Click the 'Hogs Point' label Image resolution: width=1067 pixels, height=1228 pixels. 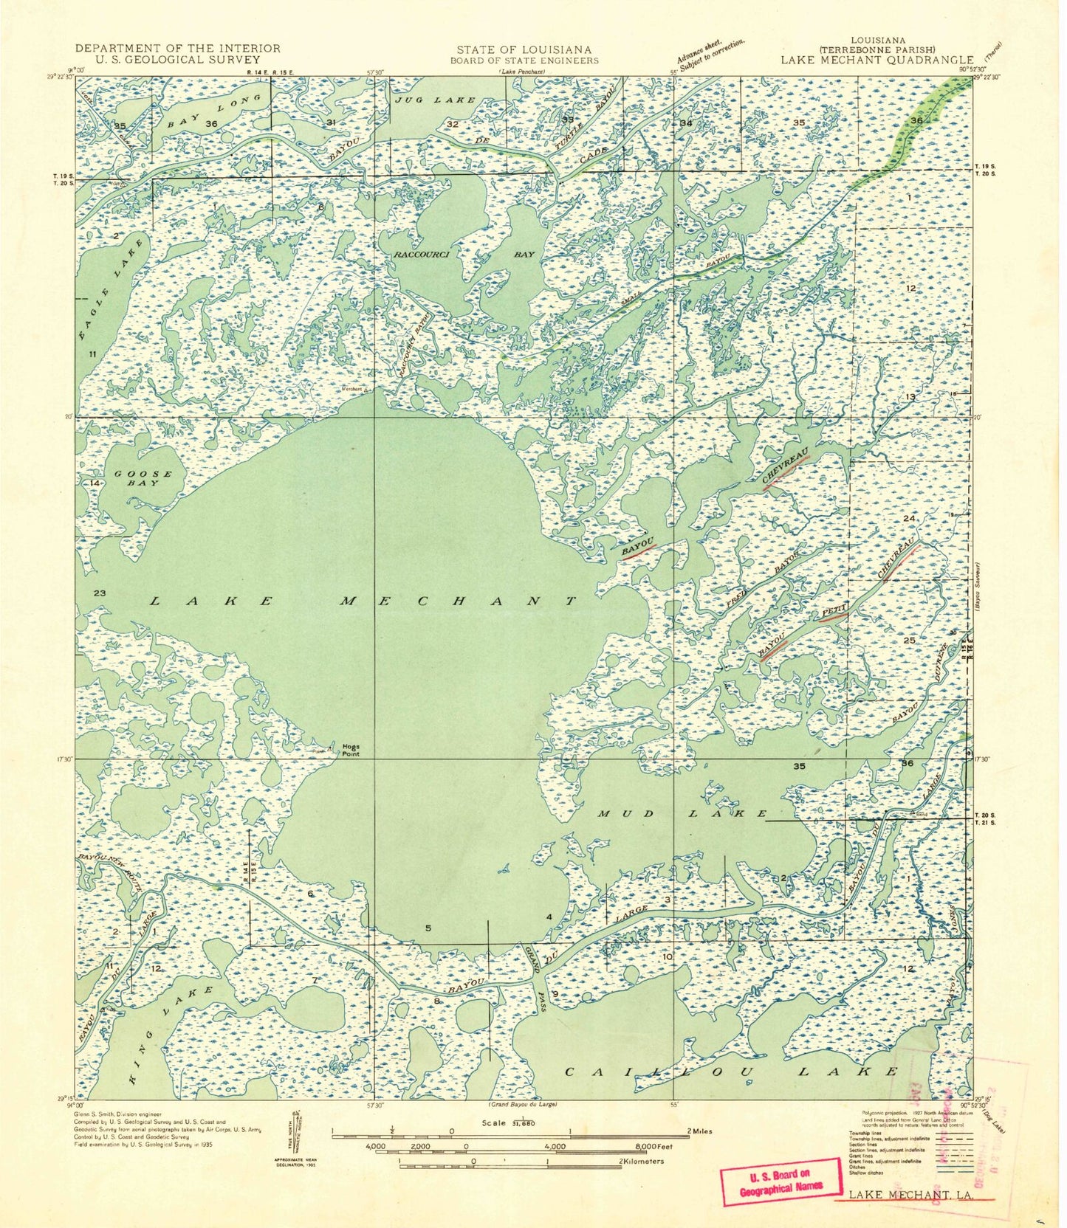click(x=351, y=750)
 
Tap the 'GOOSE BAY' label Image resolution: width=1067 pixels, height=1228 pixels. click(x=143, y=478)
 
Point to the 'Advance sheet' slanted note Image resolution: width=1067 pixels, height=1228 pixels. click(x=710, y=50)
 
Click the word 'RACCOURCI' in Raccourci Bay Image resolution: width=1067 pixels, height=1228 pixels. click(x=425, y=254)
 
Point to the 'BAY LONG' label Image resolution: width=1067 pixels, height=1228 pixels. click(x=216, y=111)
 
